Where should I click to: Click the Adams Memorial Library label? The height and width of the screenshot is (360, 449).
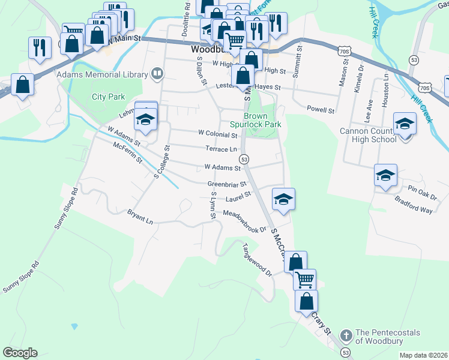click(102, 74)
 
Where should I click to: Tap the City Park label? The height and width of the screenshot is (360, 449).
click(107, 97)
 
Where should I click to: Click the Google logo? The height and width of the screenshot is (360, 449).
click(20, 353)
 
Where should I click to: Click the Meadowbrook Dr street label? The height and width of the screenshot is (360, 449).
click(244, 221)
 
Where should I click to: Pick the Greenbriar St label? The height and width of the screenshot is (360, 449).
click(227, 184)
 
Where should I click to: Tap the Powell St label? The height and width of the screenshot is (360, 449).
click(319, 110)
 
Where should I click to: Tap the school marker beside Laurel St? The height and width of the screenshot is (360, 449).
click(283, 199)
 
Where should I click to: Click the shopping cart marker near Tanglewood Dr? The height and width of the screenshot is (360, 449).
click(305, 279)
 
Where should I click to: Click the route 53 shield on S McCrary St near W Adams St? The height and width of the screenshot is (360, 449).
click(244, 159)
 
